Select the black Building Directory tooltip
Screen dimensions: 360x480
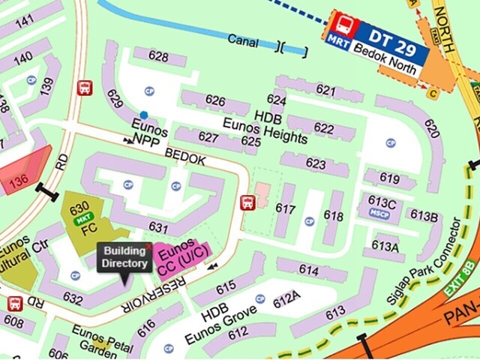coord(125,258)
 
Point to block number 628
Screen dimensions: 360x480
coord(157,55)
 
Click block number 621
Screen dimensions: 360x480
coord(325,90)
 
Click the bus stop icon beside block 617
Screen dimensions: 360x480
coord(246,202)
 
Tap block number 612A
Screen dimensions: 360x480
coord(286,300)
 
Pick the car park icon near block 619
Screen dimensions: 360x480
coord(390,143)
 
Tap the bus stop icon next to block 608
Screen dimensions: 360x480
coord(14,304)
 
